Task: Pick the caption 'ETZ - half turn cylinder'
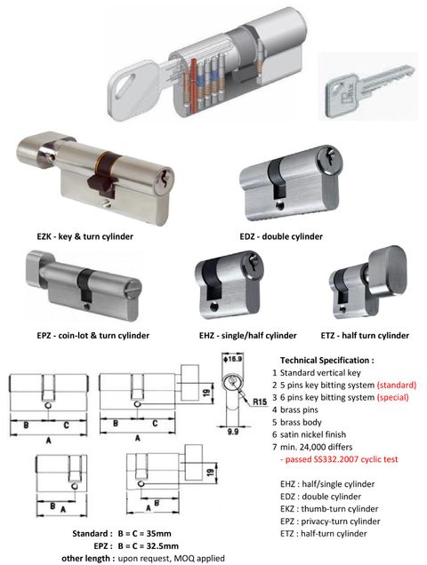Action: (x=364, y=335)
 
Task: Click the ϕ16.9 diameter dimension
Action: (x=234, y=360)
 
